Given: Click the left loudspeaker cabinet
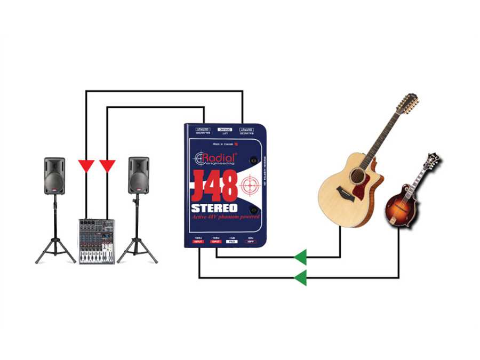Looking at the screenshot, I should [54, 175].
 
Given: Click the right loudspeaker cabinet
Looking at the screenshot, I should [138, 175].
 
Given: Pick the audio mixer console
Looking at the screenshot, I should [97, 241].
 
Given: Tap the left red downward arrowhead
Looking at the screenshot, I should [86, 166].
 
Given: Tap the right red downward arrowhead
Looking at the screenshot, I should [108, 166].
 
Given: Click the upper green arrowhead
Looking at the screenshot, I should [301, 257].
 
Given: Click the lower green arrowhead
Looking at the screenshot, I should [301, 277].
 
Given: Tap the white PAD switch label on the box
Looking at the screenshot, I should [231, 242].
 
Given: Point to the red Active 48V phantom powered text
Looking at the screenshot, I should [225, 218].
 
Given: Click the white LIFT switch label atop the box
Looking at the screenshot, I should [224, 130].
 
